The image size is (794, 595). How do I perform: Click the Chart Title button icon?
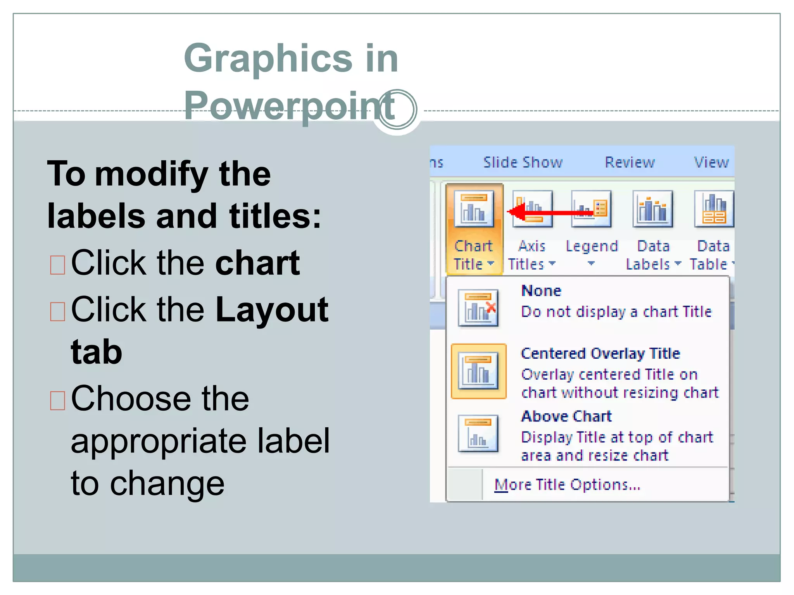click(474, 209)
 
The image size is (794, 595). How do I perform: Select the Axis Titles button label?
click(532, 255)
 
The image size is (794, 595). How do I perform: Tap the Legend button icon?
click(591, 209)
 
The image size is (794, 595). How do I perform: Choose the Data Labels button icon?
click(653, 209)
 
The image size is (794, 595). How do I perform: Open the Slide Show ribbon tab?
click(523, 162)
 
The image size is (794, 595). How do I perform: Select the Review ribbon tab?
click(630, 162)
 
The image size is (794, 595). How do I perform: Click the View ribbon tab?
click(711, 162)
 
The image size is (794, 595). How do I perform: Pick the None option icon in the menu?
click(478, 308)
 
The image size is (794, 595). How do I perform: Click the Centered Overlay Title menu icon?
click(478, 371)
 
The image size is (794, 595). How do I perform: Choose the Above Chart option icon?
click(478, 433)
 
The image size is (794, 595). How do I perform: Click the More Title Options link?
click(567, 485)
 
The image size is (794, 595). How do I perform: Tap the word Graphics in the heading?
click(268, 58)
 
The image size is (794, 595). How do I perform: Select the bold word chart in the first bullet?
click(257, 263)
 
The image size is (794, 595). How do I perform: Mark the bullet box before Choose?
click(58, 400)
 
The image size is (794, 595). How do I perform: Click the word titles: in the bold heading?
click(275, 216)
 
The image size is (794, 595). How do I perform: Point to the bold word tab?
click(97, 352)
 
